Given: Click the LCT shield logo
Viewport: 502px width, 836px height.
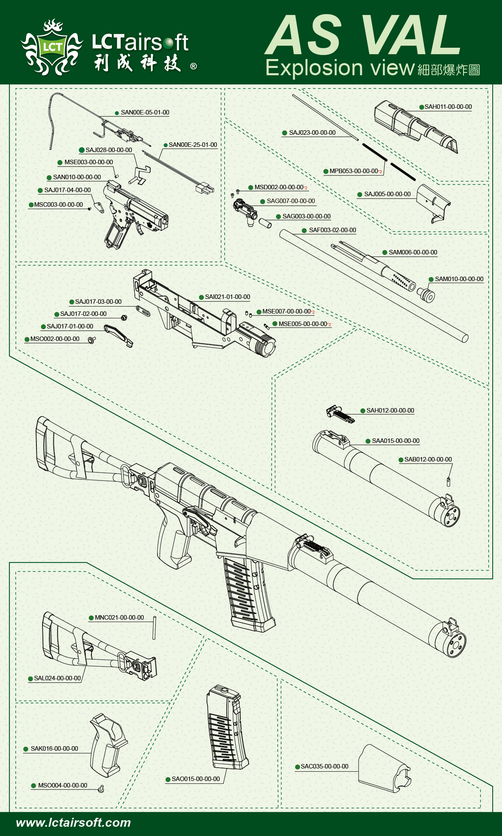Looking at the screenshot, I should point(52,48).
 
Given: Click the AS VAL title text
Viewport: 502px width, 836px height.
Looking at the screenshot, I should point(364,35).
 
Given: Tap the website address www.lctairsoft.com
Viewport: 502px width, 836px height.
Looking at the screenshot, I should point(73,823).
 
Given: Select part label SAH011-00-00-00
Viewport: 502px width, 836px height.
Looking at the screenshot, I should point(448,107).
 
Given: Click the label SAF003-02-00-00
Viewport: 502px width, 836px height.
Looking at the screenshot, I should point(332,230).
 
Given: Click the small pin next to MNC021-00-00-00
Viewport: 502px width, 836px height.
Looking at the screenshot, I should point(154,627).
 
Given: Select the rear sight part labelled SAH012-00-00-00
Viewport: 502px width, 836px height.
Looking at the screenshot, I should point(340,414).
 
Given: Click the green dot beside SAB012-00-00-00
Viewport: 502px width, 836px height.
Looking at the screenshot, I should point(401,460).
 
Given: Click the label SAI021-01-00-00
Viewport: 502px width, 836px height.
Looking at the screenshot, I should point(227,297).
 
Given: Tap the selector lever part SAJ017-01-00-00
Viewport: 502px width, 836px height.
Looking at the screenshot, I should point(118,335).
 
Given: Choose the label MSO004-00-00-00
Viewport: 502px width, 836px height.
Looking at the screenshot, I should point(62,785).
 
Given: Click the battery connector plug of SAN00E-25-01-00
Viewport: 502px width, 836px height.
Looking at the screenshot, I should point(205,188).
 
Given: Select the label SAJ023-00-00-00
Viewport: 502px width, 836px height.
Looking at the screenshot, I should point(312,133).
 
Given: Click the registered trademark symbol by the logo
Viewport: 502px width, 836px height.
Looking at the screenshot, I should point(194,66).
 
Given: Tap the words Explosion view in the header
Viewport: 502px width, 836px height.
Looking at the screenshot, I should point(340,68).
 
